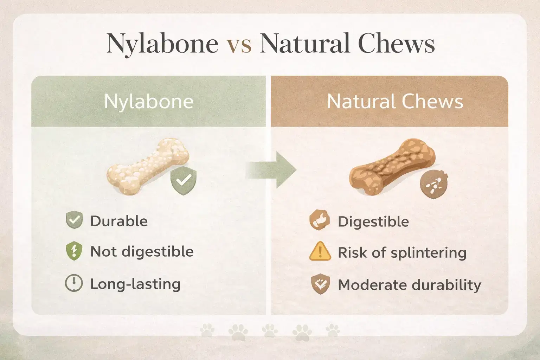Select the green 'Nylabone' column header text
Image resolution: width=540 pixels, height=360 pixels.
[149, 102]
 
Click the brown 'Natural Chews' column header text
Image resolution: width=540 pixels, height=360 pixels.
[395, 102]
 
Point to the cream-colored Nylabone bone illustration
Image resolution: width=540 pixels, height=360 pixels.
[148, 165]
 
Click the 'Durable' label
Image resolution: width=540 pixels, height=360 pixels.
[119, 221]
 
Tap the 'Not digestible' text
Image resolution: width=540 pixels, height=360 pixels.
[142, 252]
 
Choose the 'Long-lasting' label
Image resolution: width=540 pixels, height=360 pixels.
[135, 284]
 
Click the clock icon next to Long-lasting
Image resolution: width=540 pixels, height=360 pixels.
[74, 283]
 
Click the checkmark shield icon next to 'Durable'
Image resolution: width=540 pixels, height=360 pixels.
[74, 220]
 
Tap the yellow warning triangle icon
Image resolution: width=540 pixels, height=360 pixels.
[320, 251]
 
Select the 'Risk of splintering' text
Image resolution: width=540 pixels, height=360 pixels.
[402, 253]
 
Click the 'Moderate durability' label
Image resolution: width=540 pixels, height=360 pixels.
[409, 285]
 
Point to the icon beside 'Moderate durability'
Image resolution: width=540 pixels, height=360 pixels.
[320, 284]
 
